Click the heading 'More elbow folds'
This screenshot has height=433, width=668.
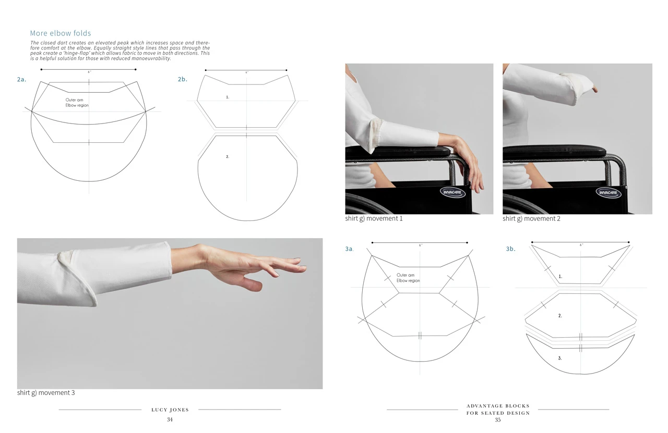(x=61, y=33)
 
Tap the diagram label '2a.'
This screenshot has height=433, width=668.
(x=21, y=80)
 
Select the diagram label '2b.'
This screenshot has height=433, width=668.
(x=182, y=80)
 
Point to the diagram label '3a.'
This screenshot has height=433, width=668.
(x=349, y=249)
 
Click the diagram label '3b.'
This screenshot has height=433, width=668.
(x=510, y=249)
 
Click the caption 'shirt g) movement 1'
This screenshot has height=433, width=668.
(x=374, y=218)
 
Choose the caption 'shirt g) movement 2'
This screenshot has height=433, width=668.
(x=531, y=218)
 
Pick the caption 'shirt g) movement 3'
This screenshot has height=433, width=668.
(x=46, y=392)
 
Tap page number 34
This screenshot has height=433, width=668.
(x=170, y=419)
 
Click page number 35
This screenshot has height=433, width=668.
(x=498, y=420)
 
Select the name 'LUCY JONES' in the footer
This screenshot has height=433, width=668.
(x=170, y=410)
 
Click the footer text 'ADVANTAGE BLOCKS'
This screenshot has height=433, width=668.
(x=498, y=406)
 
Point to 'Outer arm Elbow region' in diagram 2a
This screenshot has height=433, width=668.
(x=77, y=103)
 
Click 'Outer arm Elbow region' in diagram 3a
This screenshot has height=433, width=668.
(x=408, y=278)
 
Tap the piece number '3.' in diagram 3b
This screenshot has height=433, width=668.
(x=560, y=358)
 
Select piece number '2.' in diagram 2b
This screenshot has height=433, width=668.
(x=228, y=156)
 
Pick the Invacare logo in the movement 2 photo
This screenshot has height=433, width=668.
(x=609, y=192)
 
